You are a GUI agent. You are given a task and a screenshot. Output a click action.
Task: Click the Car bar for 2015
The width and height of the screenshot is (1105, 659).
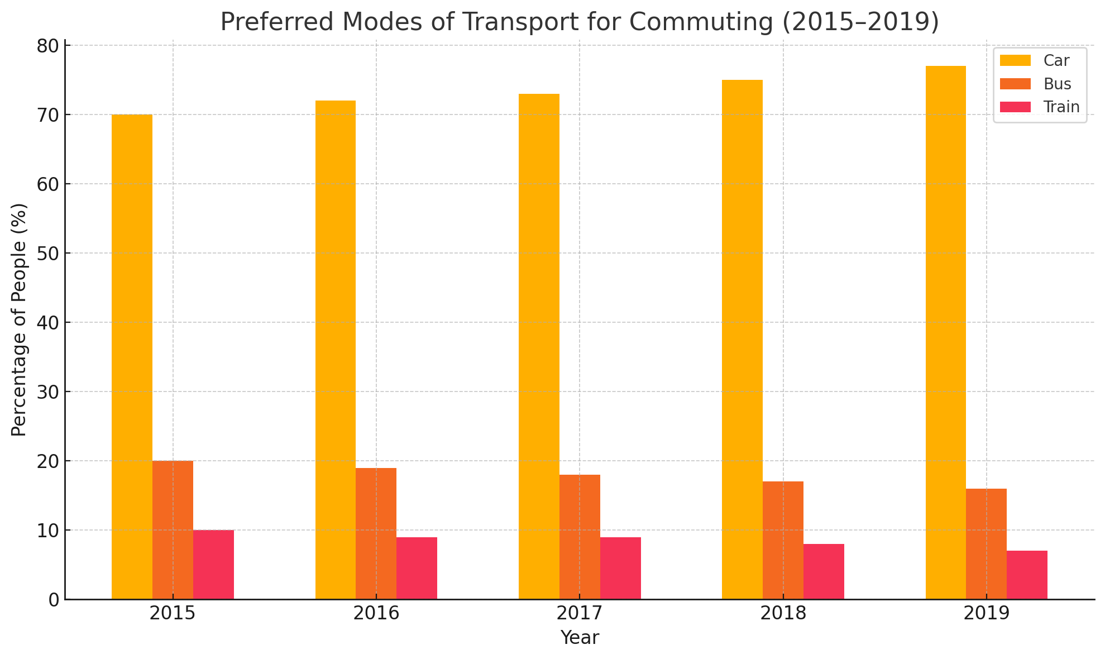132,357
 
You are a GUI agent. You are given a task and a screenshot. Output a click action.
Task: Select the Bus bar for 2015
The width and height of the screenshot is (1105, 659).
173,530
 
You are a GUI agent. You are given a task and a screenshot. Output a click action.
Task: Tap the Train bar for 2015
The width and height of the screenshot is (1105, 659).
213,565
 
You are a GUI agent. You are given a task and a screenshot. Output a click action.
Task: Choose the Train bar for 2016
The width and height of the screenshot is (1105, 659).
417,568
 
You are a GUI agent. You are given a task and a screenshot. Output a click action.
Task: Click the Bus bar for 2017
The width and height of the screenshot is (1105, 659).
580,537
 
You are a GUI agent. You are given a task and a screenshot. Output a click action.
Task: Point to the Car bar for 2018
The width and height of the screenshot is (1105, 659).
742,340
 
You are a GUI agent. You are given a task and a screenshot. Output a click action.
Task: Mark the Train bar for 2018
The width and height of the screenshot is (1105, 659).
824,571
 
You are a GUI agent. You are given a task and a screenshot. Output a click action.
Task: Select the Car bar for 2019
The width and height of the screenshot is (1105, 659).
946,333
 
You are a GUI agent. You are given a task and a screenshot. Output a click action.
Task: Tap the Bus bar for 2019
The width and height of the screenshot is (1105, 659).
986,544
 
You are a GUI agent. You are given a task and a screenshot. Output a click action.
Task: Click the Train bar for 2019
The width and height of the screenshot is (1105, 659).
1027,575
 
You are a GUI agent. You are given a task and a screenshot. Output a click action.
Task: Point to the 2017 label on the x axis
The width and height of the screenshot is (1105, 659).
580,614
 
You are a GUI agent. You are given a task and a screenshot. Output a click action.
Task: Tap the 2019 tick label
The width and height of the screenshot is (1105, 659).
986,614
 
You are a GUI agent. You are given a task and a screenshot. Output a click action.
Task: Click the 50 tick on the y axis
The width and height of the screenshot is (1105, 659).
48,254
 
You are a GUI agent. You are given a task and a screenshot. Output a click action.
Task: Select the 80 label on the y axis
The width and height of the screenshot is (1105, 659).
48,46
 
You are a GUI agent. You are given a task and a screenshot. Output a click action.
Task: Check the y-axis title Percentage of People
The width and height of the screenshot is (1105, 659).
19,319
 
